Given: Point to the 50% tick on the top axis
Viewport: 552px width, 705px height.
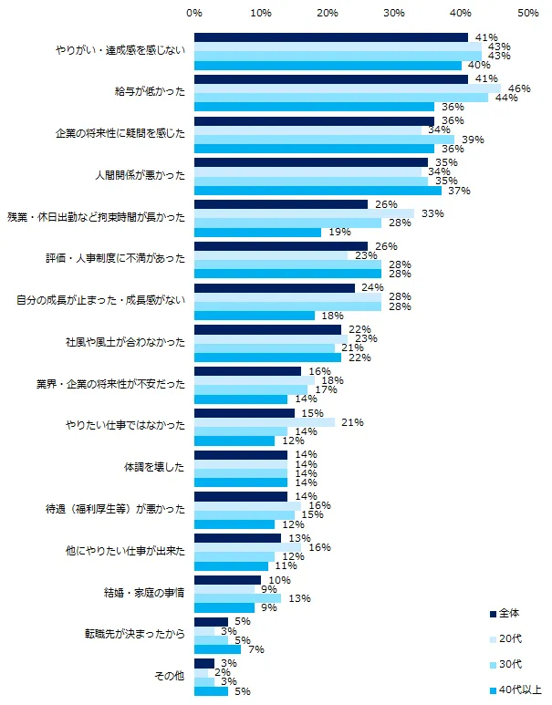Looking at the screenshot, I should click(x=526, y=14).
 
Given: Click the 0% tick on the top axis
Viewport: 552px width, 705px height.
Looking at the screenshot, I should click(x=194, y=14).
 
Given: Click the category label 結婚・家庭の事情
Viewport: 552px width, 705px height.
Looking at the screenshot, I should click(x=146, y=592).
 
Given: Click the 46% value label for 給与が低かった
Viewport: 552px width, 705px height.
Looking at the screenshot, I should click(x=519, y=88).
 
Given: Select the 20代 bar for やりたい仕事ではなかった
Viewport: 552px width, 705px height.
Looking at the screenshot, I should click(x=264, y=422).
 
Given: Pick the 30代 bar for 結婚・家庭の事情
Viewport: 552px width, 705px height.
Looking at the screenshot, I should click(x=237, y=598).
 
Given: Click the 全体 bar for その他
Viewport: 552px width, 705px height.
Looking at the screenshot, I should click(x=204, y=663).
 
